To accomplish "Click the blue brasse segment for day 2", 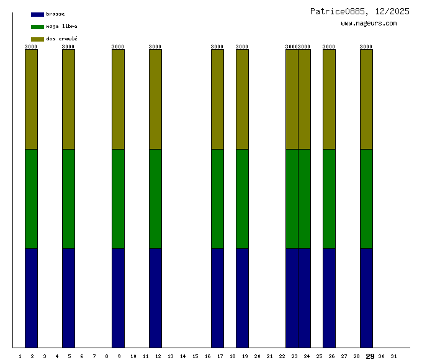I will (31, 298).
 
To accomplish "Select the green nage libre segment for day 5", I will (68, 199).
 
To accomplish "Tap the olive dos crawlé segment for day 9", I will (118, 99).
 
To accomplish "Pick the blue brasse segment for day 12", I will (155, 298).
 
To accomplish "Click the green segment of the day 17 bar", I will (217, 199).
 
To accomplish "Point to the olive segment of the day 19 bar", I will (242, 99).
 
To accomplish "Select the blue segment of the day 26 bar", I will (329, 298).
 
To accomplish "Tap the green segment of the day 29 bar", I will (366, 199).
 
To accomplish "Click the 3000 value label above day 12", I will (155, 47).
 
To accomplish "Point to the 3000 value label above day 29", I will (366, 47).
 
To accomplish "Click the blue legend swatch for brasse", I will (37, 14).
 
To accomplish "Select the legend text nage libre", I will (61, 27).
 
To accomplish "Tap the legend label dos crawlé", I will (61, 39).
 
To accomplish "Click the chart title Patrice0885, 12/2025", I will (359, 11).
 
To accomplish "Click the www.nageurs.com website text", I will (369, 24).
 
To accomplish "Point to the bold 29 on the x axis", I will (370, 356).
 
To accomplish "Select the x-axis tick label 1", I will (20, 356).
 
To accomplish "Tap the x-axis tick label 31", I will (393, 356).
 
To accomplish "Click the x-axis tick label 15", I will (195, 356).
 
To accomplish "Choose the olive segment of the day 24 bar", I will (304, 99).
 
